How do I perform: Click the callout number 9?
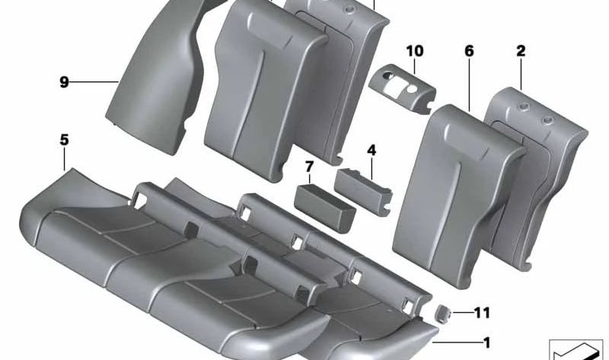pos(64,81)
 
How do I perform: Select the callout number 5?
pos(64,139)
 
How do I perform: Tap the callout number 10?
pos(414,51)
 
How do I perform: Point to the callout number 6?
pos(468,51)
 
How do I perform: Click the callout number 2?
pos(521,51)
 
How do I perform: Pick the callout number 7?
pos(309,166)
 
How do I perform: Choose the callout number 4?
pos(371,151)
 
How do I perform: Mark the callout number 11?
pos(482,312)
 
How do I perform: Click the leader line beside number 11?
pos(464,312)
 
